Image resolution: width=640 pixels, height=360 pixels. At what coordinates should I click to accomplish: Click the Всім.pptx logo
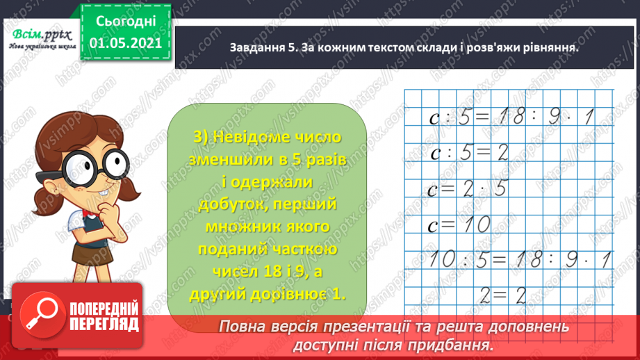click(39, 35)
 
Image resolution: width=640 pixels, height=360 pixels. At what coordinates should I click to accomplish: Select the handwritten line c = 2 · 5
click(470, 188)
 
